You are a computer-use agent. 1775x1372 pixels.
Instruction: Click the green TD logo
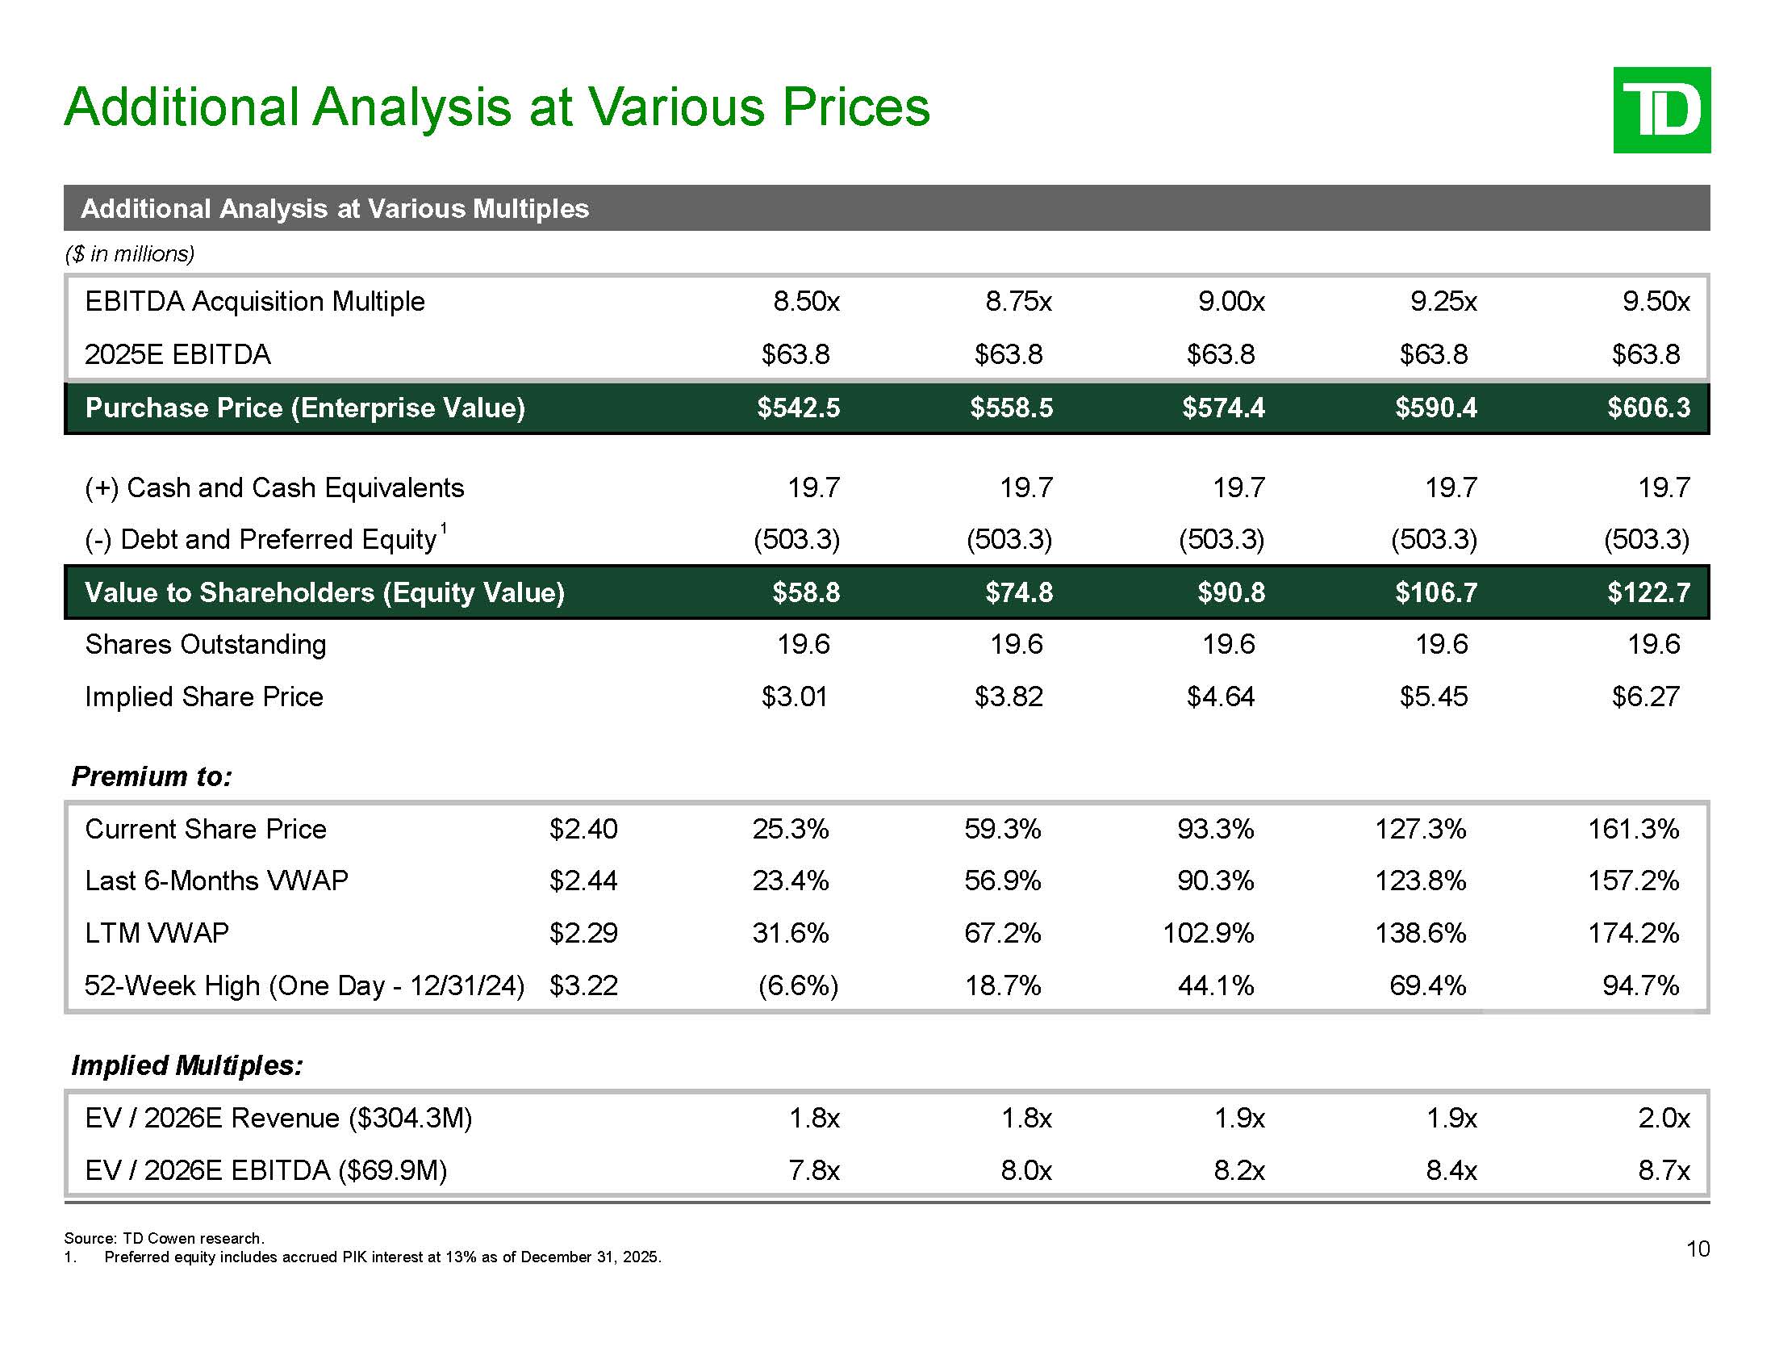tap(1661, 110)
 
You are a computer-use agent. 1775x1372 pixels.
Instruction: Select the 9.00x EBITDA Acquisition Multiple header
tap(1230, 302)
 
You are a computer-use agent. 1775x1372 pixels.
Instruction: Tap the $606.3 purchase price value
tap(1648, 408)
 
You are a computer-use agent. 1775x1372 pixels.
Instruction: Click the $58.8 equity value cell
tap(805, 592)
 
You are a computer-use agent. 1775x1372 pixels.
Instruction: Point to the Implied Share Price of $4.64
tap(1220, 696)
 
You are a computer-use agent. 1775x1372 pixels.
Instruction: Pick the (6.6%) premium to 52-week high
tap(797, 985)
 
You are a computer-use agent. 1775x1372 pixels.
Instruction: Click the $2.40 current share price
tap(583, 828)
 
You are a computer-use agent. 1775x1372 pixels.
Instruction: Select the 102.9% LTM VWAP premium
tap(1208, 932)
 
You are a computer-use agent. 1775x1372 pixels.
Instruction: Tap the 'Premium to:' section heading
tap(152, 776)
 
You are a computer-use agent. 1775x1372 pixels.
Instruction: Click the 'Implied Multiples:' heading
tap(187, 1065)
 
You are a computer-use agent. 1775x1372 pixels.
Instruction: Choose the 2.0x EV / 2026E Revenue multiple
tap(1663, 1119)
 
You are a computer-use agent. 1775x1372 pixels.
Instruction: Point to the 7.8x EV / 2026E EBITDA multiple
tap(813, 1170)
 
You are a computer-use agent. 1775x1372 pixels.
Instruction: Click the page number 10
tap(1698, 1249)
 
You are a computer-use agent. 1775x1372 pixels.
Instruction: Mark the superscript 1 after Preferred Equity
tap(443, 528)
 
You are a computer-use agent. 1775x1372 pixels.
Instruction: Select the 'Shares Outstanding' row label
tap(206, 644)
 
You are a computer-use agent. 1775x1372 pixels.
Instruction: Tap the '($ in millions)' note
tap(129, 254)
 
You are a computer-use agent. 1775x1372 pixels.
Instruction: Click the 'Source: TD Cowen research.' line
tap(164, 1238)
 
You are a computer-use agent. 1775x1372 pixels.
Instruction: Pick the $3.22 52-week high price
tap(583, 985)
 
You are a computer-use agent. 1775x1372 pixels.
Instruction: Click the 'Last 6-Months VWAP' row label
tap(216, 881)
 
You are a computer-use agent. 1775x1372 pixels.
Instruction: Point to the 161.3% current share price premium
tap(1633, 828)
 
